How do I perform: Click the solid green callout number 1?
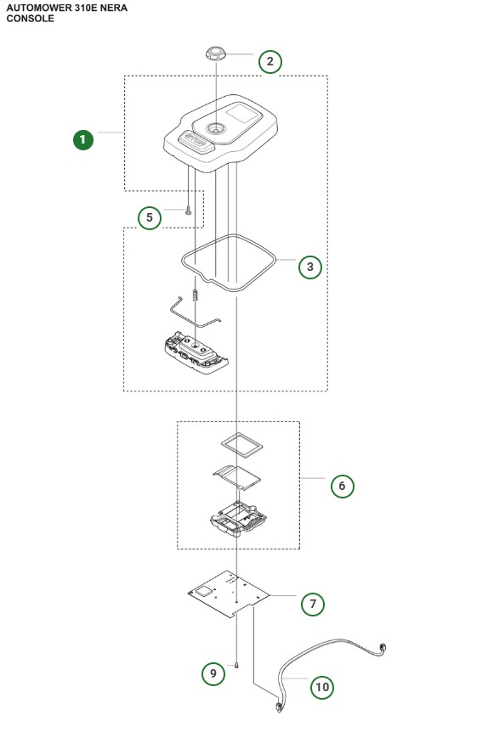[x=82, y=139]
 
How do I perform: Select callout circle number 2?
[x=270, y=61]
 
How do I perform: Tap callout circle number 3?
[x=310, y=267]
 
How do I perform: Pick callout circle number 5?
[x=149, y=217]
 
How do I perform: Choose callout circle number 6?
[x=342, y=486]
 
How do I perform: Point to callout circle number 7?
[x=313, y=604]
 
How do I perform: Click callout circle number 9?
[x=213, y=673]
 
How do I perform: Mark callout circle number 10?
[x=322, y=687]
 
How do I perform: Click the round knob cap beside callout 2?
[x=216, y=53]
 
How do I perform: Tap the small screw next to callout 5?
[x=188, y=210]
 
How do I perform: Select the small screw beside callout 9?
[x=237, y=665]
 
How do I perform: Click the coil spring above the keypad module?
[x=196, y=295]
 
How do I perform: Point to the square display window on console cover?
[x=243, y=114]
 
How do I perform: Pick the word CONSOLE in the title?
[x=30, y=19]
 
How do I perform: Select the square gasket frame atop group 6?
[x=242, y=442]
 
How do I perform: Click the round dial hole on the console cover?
[x=215, y=129]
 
